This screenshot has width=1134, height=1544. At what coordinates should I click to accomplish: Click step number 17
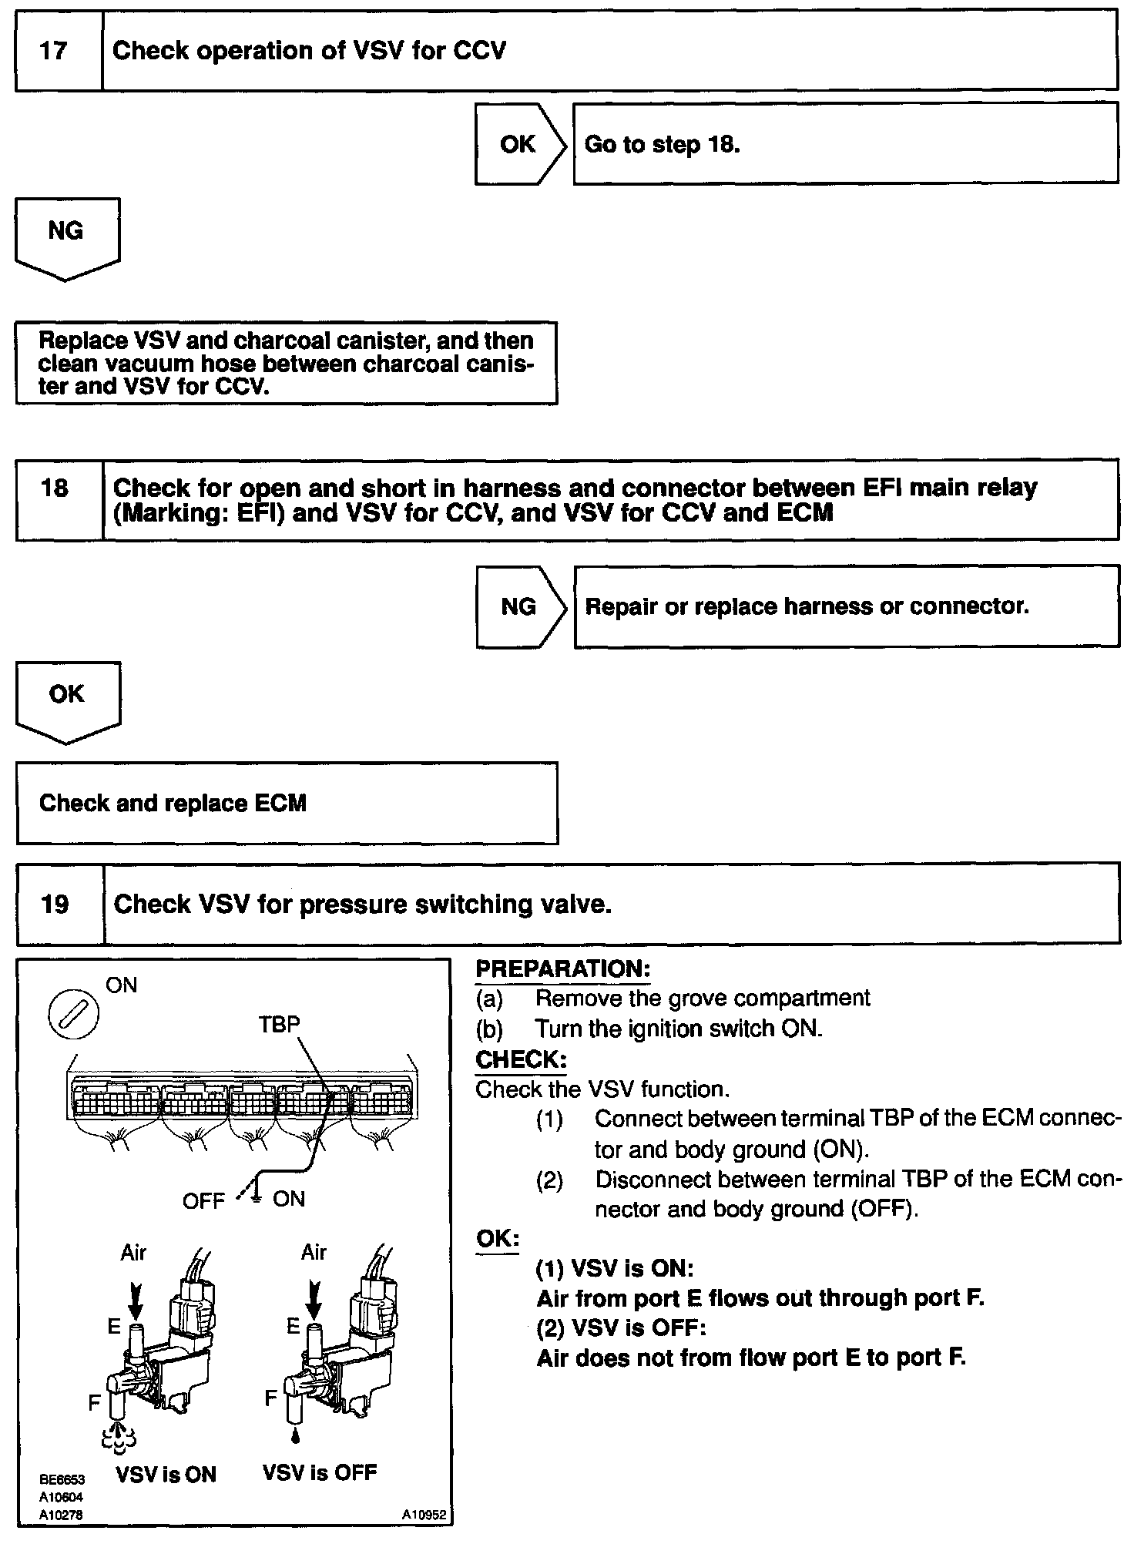54,52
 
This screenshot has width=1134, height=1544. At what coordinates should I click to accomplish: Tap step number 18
54,488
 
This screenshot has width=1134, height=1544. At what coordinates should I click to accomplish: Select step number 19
55,904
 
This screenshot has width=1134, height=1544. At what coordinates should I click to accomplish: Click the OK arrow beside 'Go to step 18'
518,144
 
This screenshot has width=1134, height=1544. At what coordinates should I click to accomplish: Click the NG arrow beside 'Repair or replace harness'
518,606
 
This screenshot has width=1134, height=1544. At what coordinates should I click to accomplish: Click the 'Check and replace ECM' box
287,804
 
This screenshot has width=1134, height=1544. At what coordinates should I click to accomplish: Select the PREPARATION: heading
563,969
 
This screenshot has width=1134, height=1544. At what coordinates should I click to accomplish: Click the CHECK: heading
521,1059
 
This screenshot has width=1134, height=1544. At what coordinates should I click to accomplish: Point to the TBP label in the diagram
279,1025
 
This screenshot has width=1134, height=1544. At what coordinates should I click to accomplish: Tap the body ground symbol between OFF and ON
256,1197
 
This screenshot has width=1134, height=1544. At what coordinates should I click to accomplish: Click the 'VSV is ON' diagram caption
166,1475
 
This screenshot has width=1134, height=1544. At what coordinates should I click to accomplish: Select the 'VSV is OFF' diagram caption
320,1473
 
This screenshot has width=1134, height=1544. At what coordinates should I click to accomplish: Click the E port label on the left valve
114,1327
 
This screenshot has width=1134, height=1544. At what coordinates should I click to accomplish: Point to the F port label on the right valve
270,1398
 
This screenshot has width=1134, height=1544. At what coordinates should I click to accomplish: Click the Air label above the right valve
314,1253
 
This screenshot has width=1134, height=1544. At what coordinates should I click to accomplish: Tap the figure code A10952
424,1515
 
